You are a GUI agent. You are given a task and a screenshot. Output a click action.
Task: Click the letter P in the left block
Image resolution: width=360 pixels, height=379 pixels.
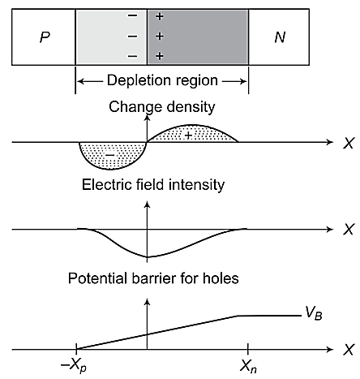coord(44,38)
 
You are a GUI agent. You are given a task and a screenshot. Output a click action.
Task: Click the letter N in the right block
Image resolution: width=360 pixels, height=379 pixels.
coord(280,38)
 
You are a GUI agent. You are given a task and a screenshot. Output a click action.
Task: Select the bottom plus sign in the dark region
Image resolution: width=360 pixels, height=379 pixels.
coord(159,56)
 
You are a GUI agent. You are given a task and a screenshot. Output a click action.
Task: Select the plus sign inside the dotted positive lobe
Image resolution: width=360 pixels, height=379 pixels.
coord(188,134)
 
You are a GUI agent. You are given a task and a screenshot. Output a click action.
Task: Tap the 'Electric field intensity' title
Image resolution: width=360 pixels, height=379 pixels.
coord(153,185)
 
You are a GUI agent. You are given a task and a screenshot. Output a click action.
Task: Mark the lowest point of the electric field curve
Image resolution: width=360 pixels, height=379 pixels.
coord(147,257)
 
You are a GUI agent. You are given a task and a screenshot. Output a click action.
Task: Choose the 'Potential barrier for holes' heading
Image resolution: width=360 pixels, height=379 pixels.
coord(153,280)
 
